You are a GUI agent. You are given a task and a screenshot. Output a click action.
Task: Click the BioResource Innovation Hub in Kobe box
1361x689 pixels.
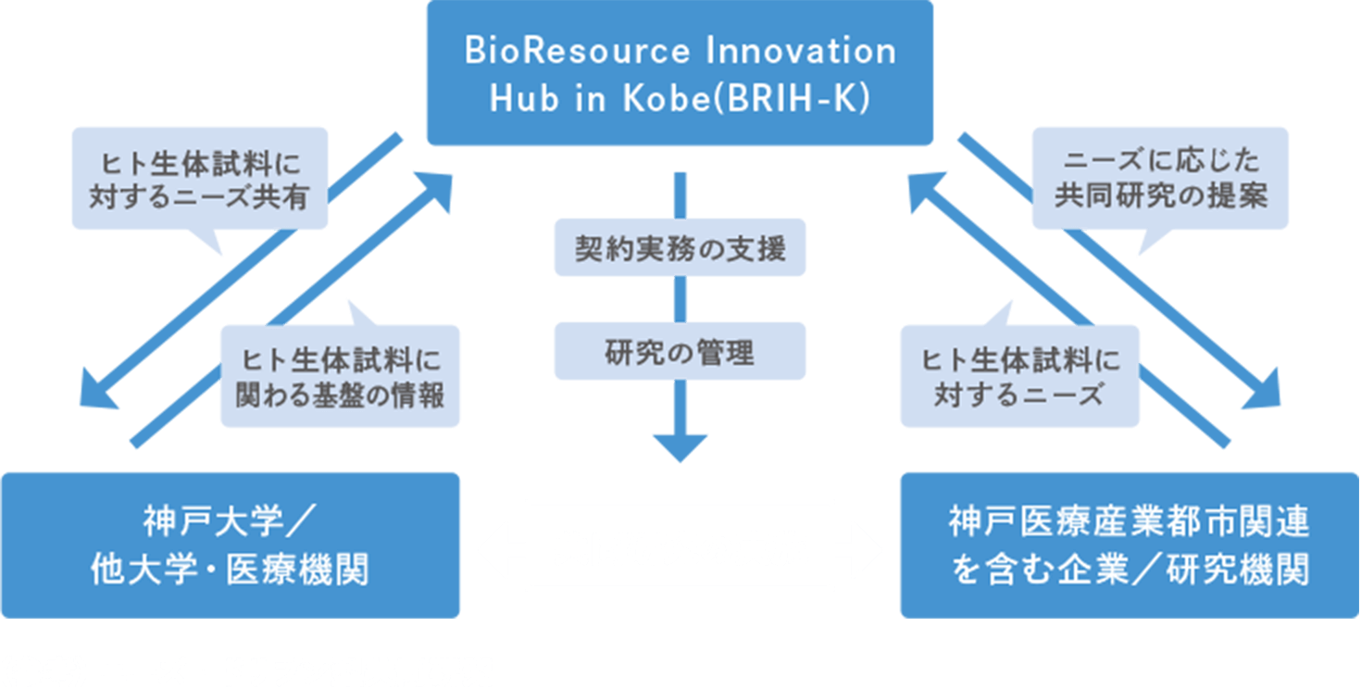(x=679, y=73)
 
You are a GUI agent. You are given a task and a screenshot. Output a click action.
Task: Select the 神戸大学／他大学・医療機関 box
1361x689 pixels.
(x=231, y=545)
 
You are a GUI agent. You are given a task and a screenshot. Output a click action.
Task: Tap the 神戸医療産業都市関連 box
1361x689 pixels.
(x=1129, y=545)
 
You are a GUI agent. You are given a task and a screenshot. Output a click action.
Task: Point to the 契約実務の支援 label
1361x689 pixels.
(x=680, y=248)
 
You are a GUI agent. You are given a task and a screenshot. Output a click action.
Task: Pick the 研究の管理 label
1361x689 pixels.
(x=680, y=352)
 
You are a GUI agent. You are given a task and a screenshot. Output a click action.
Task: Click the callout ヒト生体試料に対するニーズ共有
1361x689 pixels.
(x=199, y=179)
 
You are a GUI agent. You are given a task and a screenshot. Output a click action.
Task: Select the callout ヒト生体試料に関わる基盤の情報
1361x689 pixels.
(x=340, y=375)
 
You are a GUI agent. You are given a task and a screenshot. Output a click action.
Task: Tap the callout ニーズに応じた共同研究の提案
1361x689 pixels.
(x=1160, y=179)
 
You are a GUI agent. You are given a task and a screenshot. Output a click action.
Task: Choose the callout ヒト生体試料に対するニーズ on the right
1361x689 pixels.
(x=1019, y=375)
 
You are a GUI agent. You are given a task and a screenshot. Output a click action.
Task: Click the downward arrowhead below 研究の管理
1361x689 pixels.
(x=680, y=446)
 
